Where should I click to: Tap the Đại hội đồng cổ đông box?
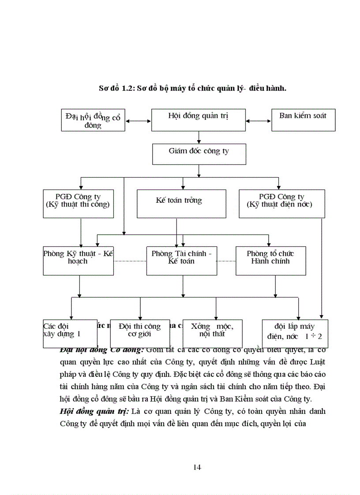click(93, 120)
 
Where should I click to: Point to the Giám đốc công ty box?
click(199, 154)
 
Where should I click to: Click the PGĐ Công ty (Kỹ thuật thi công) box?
click(78, 204)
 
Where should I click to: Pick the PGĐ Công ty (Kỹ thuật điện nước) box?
click(281, 204)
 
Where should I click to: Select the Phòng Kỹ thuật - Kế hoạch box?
click(78, 261)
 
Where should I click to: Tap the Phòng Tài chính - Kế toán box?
click(181, 261)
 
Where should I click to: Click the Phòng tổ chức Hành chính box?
click(270, 261)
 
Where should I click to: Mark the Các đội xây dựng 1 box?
click(70, 334)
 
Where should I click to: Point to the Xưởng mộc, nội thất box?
click(212, 334)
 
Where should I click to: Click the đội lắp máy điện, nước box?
click(295, 334)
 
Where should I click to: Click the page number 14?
click(197, 467)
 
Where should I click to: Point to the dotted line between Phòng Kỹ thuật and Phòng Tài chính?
click(130, 261)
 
